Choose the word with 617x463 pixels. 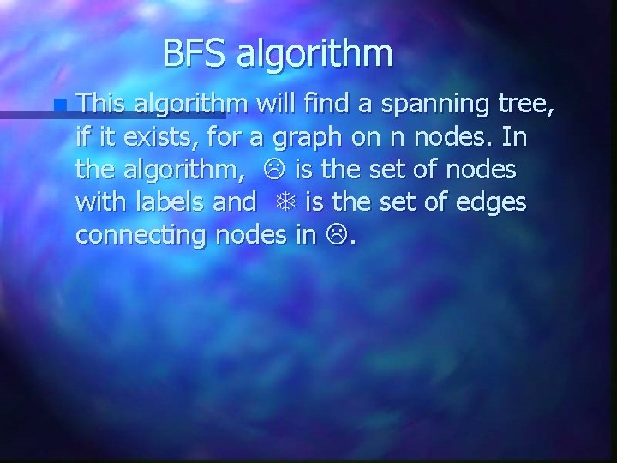click(x=98, y=201)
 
